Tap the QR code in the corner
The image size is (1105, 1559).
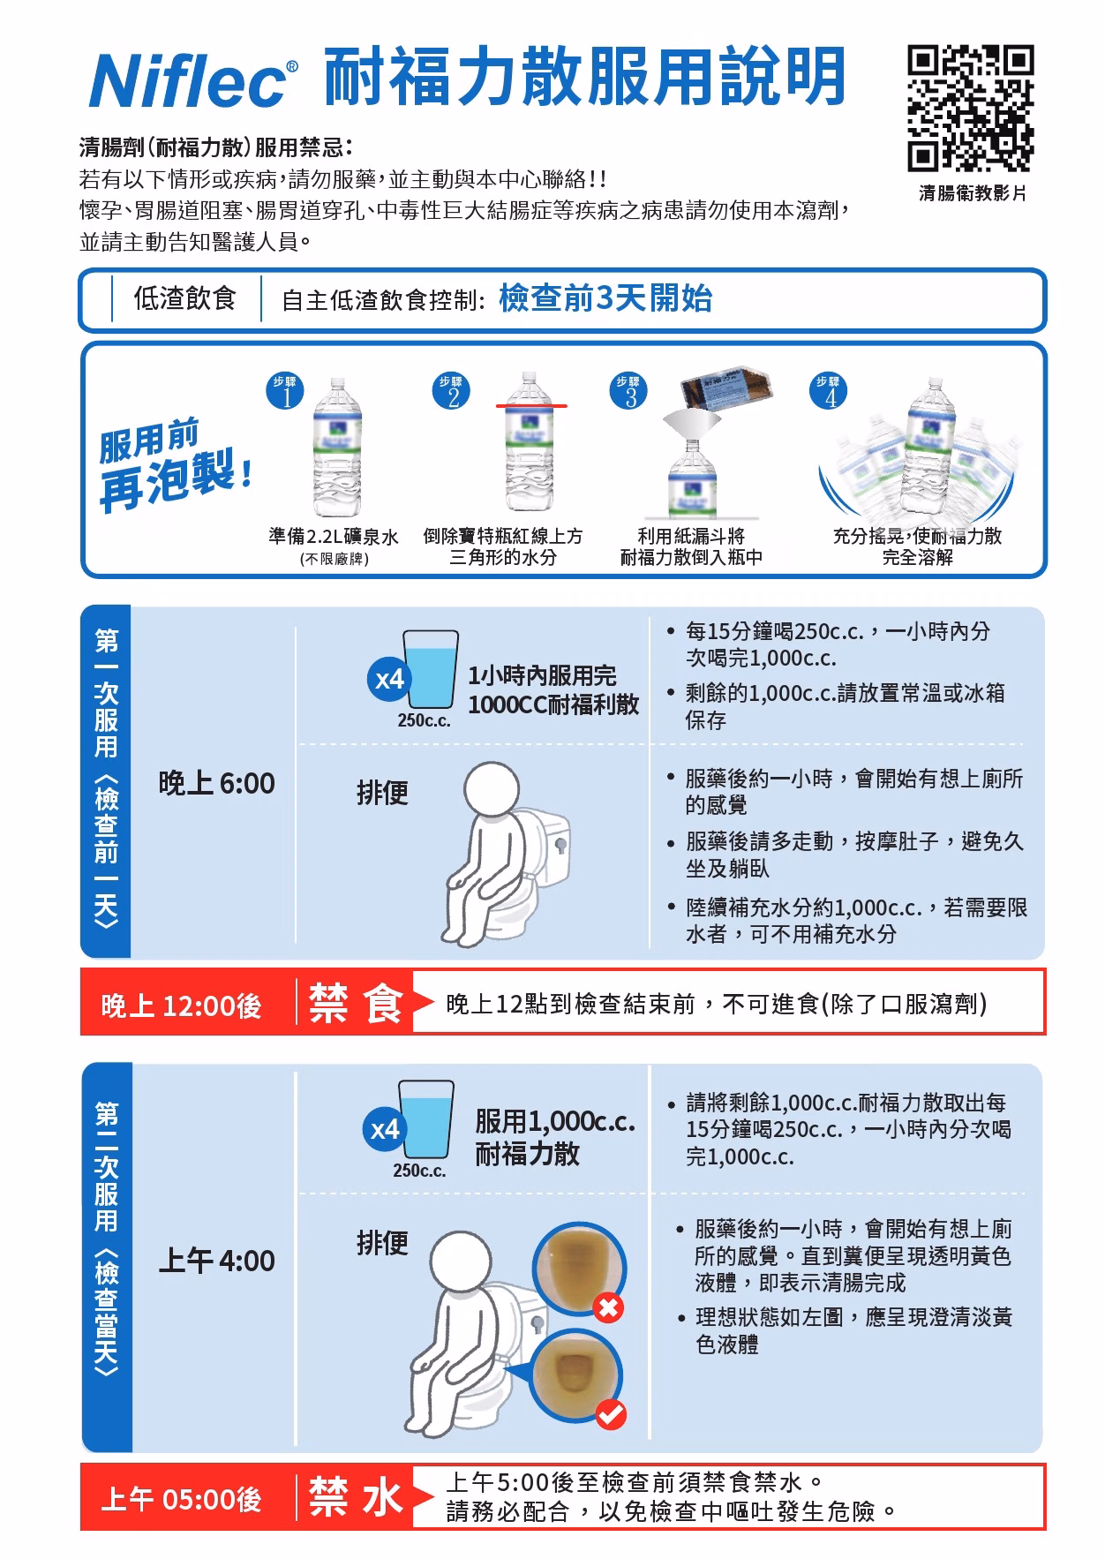click(x=971, y=108)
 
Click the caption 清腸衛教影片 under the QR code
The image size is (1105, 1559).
click(x=973, y=192)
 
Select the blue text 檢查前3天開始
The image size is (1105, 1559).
click(x=605, y=299)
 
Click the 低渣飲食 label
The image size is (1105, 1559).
click(x=184, y=298)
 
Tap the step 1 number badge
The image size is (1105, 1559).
click(x=285, y=393)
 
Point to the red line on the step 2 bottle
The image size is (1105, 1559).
click(x=531, y=406)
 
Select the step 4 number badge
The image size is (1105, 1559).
click(x=828, y=392)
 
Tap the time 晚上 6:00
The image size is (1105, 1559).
click(x=217, y=784)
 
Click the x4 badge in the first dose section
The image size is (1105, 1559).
click(x=388, y=680)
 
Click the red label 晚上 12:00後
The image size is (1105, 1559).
click(x=182, y=1005)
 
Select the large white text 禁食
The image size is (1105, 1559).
click(x=355, y=1003)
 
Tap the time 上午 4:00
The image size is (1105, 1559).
click(x=217, y=1261)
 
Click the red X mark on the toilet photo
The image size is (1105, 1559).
click(x=608, y=1307)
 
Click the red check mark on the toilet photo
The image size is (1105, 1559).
click(x=610, y=1414)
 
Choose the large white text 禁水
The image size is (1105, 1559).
click(x=355, y=1497)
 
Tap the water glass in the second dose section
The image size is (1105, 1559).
click(x=426, y=1118)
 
